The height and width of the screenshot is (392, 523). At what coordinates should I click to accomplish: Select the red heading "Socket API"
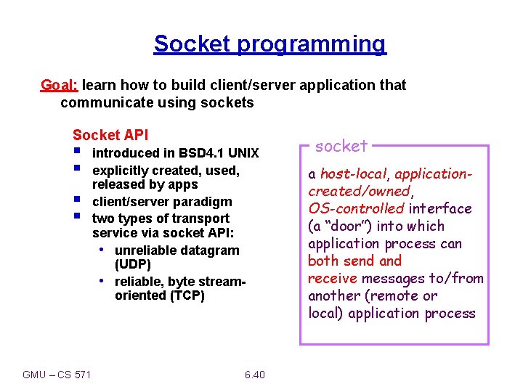pos(110,135)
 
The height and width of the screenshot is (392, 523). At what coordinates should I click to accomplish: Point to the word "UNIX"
pos(243,153)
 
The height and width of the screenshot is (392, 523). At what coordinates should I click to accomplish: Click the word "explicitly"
pos(121,171)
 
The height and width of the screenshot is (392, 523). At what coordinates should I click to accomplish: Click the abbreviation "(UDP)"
pos(132,264)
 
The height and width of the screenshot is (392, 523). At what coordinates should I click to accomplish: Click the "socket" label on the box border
pos(341,146)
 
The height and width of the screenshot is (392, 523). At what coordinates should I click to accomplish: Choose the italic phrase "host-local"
pos(352,174)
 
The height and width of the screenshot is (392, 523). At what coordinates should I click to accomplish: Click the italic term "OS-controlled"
pos(356,209)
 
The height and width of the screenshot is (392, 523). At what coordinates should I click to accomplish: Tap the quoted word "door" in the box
pos(347,226)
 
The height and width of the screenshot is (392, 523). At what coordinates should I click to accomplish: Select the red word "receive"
pos(333,279)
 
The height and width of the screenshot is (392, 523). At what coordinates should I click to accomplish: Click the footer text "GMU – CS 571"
pos(57,375)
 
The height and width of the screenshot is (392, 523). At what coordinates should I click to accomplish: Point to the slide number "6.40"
pos(255,375)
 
